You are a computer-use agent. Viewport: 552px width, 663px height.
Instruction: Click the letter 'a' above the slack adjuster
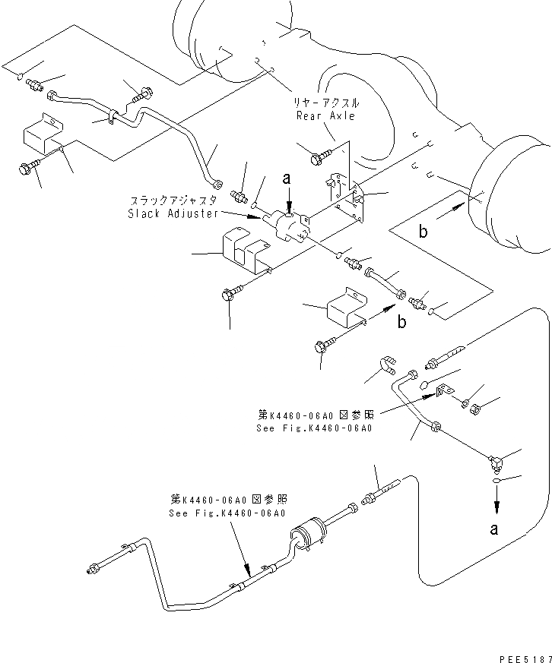coord(287,179)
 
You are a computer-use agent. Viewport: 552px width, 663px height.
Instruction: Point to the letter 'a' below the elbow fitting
coord(495,529)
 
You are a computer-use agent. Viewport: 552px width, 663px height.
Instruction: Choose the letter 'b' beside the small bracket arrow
coord(401,321)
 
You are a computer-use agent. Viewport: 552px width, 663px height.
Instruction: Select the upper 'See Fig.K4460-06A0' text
coord(315,421)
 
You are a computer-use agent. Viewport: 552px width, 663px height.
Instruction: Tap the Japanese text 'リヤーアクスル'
coord(327,103)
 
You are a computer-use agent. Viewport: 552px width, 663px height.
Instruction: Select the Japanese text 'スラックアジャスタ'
coord(174,200)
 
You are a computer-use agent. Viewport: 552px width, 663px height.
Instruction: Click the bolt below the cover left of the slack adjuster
coord(230,294)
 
